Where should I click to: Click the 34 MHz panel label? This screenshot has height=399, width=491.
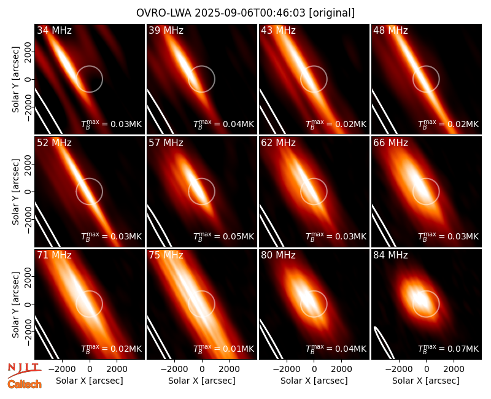pos(54,30)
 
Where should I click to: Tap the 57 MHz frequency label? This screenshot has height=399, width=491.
pos(166,143)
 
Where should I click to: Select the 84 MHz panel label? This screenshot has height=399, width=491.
pos(390,255)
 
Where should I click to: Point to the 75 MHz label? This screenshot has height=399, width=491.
pos(166,255)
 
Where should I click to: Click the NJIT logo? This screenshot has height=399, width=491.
pos(24,370)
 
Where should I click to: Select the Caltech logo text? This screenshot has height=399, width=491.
pos(25,384)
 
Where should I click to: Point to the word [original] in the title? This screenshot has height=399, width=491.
pos(331,13)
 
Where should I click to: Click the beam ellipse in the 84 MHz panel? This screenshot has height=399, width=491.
pos(384,343)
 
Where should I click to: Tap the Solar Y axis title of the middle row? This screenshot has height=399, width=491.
pos(15,192)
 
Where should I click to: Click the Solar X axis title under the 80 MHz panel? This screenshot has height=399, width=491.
pos(314,381)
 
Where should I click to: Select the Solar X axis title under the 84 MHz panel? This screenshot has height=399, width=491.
pos(426,381)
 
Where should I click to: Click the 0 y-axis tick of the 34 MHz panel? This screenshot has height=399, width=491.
pos(28,79)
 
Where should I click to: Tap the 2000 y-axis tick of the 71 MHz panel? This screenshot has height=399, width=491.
pos(28,276)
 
